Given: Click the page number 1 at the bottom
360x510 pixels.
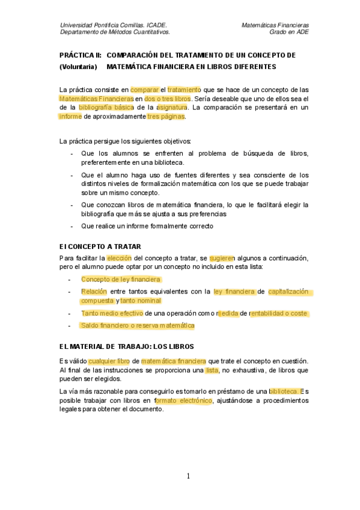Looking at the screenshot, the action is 188,476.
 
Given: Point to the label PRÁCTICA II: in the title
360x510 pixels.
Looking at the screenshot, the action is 80,55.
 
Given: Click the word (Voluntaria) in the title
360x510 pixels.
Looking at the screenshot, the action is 78,66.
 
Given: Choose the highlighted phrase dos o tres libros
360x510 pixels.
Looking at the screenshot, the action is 168,98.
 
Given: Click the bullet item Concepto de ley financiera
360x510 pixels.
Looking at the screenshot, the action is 121,280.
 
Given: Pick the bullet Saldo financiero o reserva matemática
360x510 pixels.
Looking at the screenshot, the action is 138,325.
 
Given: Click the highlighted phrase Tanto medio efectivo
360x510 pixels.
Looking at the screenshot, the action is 112,313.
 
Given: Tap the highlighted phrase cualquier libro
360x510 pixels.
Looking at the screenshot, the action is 109,361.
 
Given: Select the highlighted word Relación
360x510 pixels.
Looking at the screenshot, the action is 94,292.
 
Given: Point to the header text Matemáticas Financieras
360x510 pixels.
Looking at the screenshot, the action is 275,25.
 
